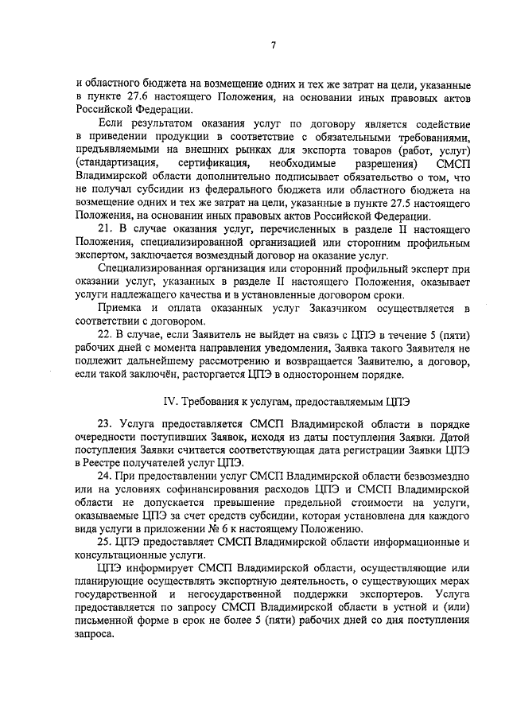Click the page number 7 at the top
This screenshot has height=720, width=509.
pyautogui.click(x=272, y=45)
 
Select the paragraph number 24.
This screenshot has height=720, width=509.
pyautogui.click(x=105, y=476)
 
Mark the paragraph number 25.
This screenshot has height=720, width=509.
pyautogui.click(x=105, y=541)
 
